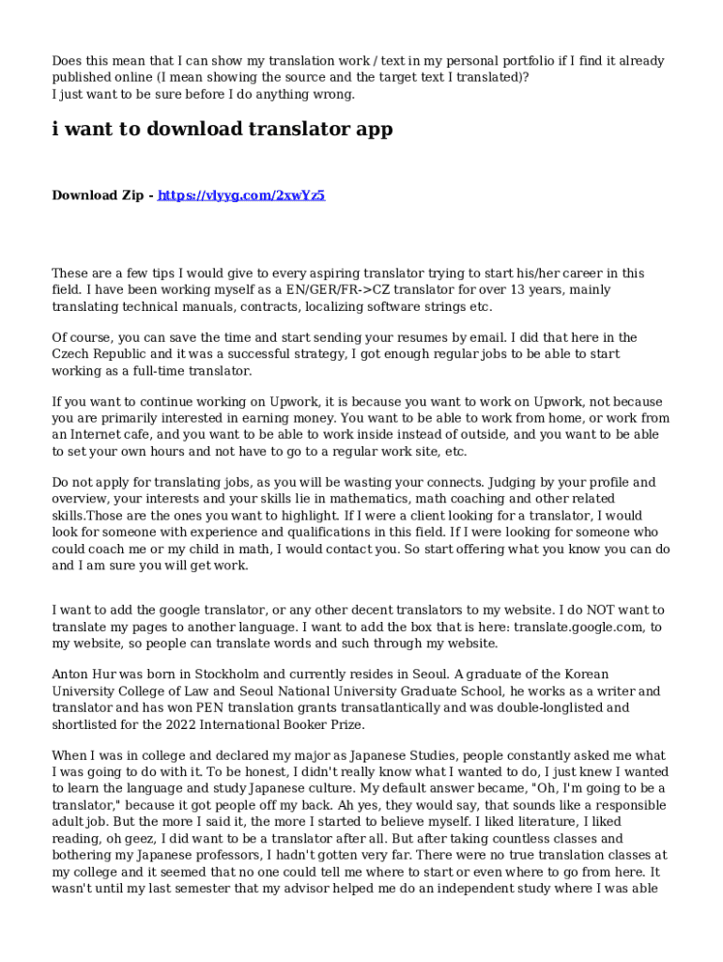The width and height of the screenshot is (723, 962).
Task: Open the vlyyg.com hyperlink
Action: coord(241,195)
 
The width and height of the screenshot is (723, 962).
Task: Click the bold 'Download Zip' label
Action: coord(98,195)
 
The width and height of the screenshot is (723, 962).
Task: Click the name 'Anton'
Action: coord(70,674)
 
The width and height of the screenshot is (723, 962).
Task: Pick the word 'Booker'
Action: coord(305,724)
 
